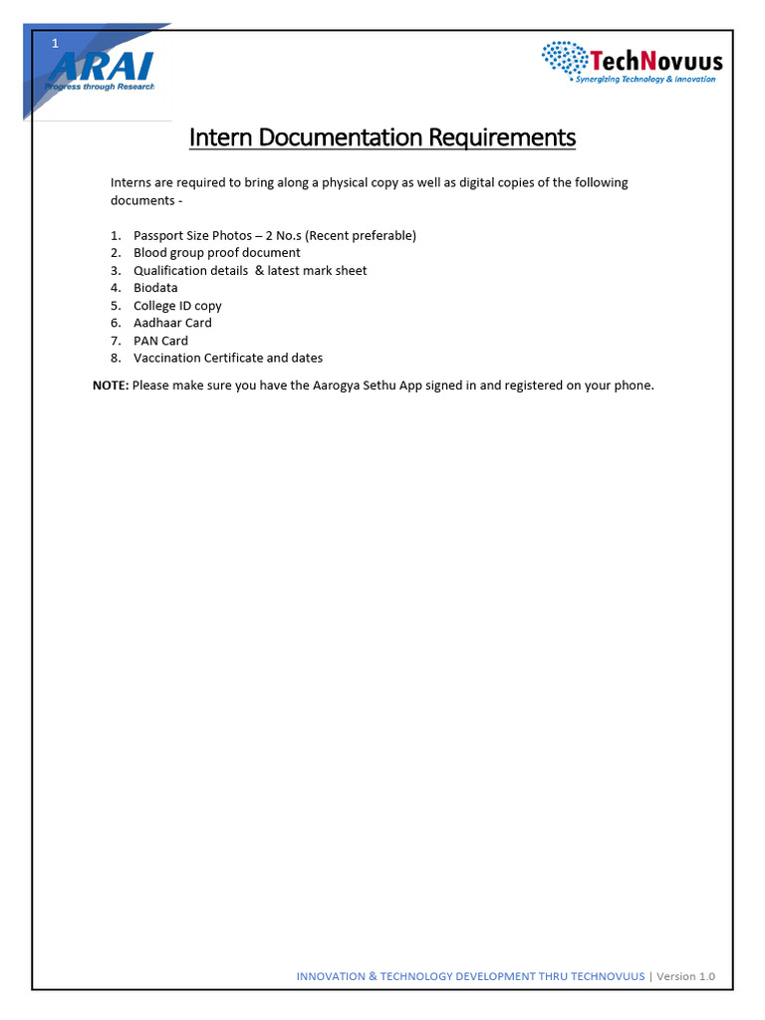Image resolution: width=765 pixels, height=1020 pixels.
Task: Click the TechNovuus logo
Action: [x=632, y=62]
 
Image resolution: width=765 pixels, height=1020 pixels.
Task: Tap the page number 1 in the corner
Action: [x=56, y=43]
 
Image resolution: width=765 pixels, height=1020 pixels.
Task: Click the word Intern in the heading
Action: [x=220, y=136]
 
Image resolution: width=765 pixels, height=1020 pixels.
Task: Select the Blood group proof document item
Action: [x=216, y=253]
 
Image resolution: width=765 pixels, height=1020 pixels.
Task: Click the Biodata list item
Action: [x=155, y=288]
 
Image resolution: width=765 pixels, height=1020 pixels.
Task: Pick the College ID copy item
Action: [x=177, y=306]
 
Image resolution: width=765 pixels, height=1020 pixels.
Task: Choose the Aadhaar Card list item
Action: [x=172, y=323]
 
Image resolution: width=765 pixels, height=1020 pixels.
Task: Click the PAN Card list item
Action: [x=160, y=341]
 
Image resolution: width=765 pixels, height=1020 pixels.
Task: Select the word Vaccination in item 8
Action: [x=166, y=358]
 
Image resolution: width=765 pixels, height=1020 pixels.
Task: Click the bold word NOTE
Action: [x=110, y=385]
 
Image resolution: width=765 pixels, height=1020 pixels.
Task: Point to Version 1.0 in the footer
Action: [x=687, y=976]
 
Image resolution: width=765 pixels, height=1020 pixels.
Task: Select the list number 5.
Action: [x=116, y=306]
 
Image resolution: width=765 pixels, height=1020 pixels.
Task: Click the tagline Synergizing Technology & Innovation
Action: [x=645, y=80]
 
